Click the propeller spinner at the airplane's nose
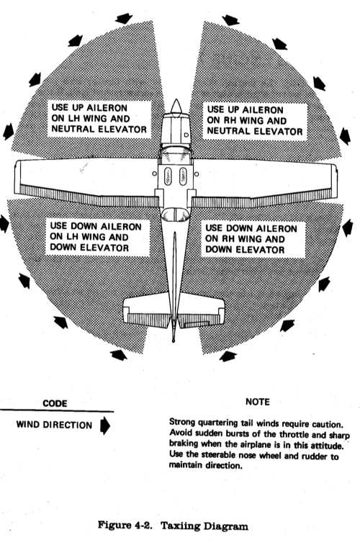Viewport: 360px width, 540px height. [x=176, y=107]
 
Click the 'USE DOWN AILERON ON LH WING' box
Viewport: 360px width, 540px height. [x=97, y=238]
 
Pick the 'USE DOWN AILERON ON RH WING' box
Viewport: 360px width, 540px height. [x=253, y=239]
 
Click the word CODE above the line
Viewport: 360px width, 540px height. [x=55, y=403]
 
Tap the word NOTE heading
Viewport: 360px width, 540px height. [x=258, y=402]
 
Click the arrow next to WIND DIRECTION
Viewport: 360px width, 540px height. [x=104, y=426]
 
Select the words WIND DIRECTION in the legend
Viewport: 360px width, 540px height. [x=54, y=425]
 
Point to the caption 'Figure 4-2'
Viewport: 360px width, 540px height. [x=125, y=525]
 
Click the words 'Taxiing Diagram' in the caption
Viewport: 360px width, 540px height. [x=204, y=526]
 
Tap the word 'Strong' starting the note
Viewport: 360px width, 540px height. [x=182, y=422]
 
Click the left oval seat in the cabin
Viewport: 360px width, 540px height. [x=168, y=176]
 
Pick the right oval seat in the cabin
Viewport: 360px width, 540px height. [x=183, y=176]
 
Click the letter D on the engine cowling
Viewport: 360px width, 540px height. [x=186, y=135]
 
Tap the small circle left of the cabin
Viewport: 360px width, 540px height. [x=154, y=174]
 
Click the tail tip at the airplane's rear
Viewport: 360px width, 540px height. [x=174, y=341]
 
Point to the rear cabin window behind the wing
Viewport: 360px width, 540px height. [x=176, y=215]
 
